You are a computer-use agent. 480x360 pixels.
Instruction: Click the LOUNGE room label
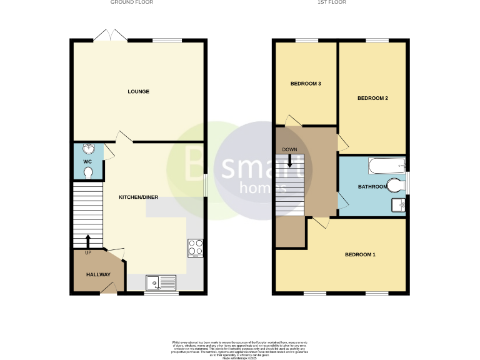[x=138, y=92]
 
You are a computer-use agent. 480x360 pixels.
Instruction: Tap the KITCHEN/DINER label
[x=139, y=197]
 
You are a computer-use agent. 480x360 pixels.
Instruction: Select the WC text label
[x=87, y=162]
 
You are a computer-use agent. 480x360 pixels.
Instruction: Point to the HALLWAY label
[x=98, y=274]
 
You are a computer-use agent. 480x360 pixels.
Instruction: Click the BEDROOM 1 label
[x=361, y=254]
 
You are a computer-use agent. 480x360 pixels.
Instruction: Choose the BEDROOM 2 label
[x=373, y=98]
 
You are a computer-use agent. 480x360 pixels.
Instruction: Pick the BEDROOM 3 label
[x=306, y=84]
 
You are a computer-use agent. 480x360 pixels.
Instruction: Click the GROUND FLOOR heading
[x=132, y=2]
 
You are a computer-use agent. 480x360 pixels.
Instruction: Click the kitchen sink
[x=161, y=283]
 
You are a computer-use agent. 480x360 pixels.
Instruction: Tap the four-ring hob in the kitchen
[x=195, y=248]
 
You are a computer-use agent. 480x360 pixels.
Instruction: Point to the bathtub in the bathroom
[x=386, y=165]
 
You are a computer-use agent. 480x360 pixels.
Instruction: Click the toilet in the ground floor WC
[x=88, y=172]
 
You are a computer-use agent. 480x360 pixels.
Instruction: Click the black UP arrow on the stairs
[x=87, y=240]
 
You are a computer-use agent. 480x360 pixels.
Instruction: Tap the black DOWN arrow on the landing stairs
[x=289, y=161]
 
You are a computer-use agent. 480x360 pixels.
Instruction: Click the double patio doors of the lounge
[x=110, y=36]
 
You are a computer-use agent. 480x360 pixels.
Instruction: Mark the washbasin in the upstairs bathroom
[x=398, y=204]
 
